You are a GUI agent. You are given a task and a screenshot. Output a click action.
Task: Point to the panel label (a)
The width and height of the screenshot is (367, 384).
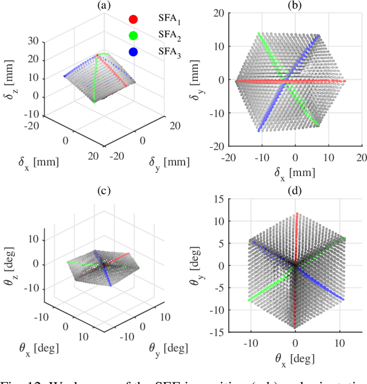(103, 6)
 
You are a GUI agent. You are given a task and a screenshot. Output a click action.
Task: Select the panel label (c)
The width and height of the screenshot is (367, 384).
(103, 190)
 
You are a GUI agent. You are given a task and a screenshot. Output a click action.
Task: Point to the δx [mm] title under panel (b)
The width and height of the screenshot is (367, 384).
(295, 170)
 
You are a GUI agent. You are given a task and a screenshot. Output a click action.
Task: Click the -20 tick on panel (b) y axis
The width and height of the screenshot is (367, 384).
(220, 146)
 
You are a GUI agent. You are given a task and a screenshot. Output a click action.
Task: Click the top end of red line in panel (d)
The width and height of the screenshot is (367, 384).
(296, 214)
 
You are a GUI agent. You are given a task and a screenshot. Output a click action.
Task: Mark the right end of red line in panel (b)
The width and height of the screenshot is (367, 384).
(345, 81)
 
